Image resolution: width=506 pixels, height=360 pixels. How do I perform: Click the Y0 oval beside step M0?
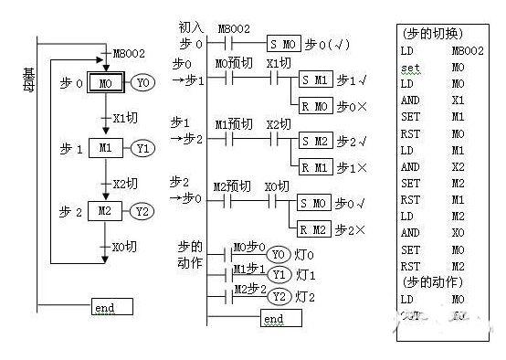click(x=142, y=83)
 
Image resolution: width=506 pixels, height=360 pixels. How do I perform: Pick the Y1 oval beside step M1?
click(x=142, y=147)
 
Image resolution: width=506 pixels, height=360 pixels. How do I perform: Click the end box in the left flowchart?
click(x=111, y=307)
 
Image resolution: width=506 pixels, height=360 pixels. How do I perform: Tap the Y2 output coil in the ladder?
click(x=279, y=296)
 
